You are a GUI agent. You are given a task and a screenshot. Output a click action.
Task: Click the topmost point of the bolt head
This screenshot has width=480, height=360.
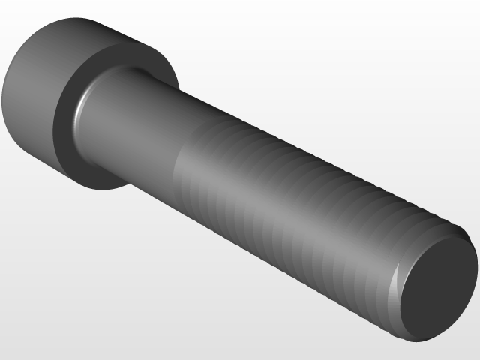75,18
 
